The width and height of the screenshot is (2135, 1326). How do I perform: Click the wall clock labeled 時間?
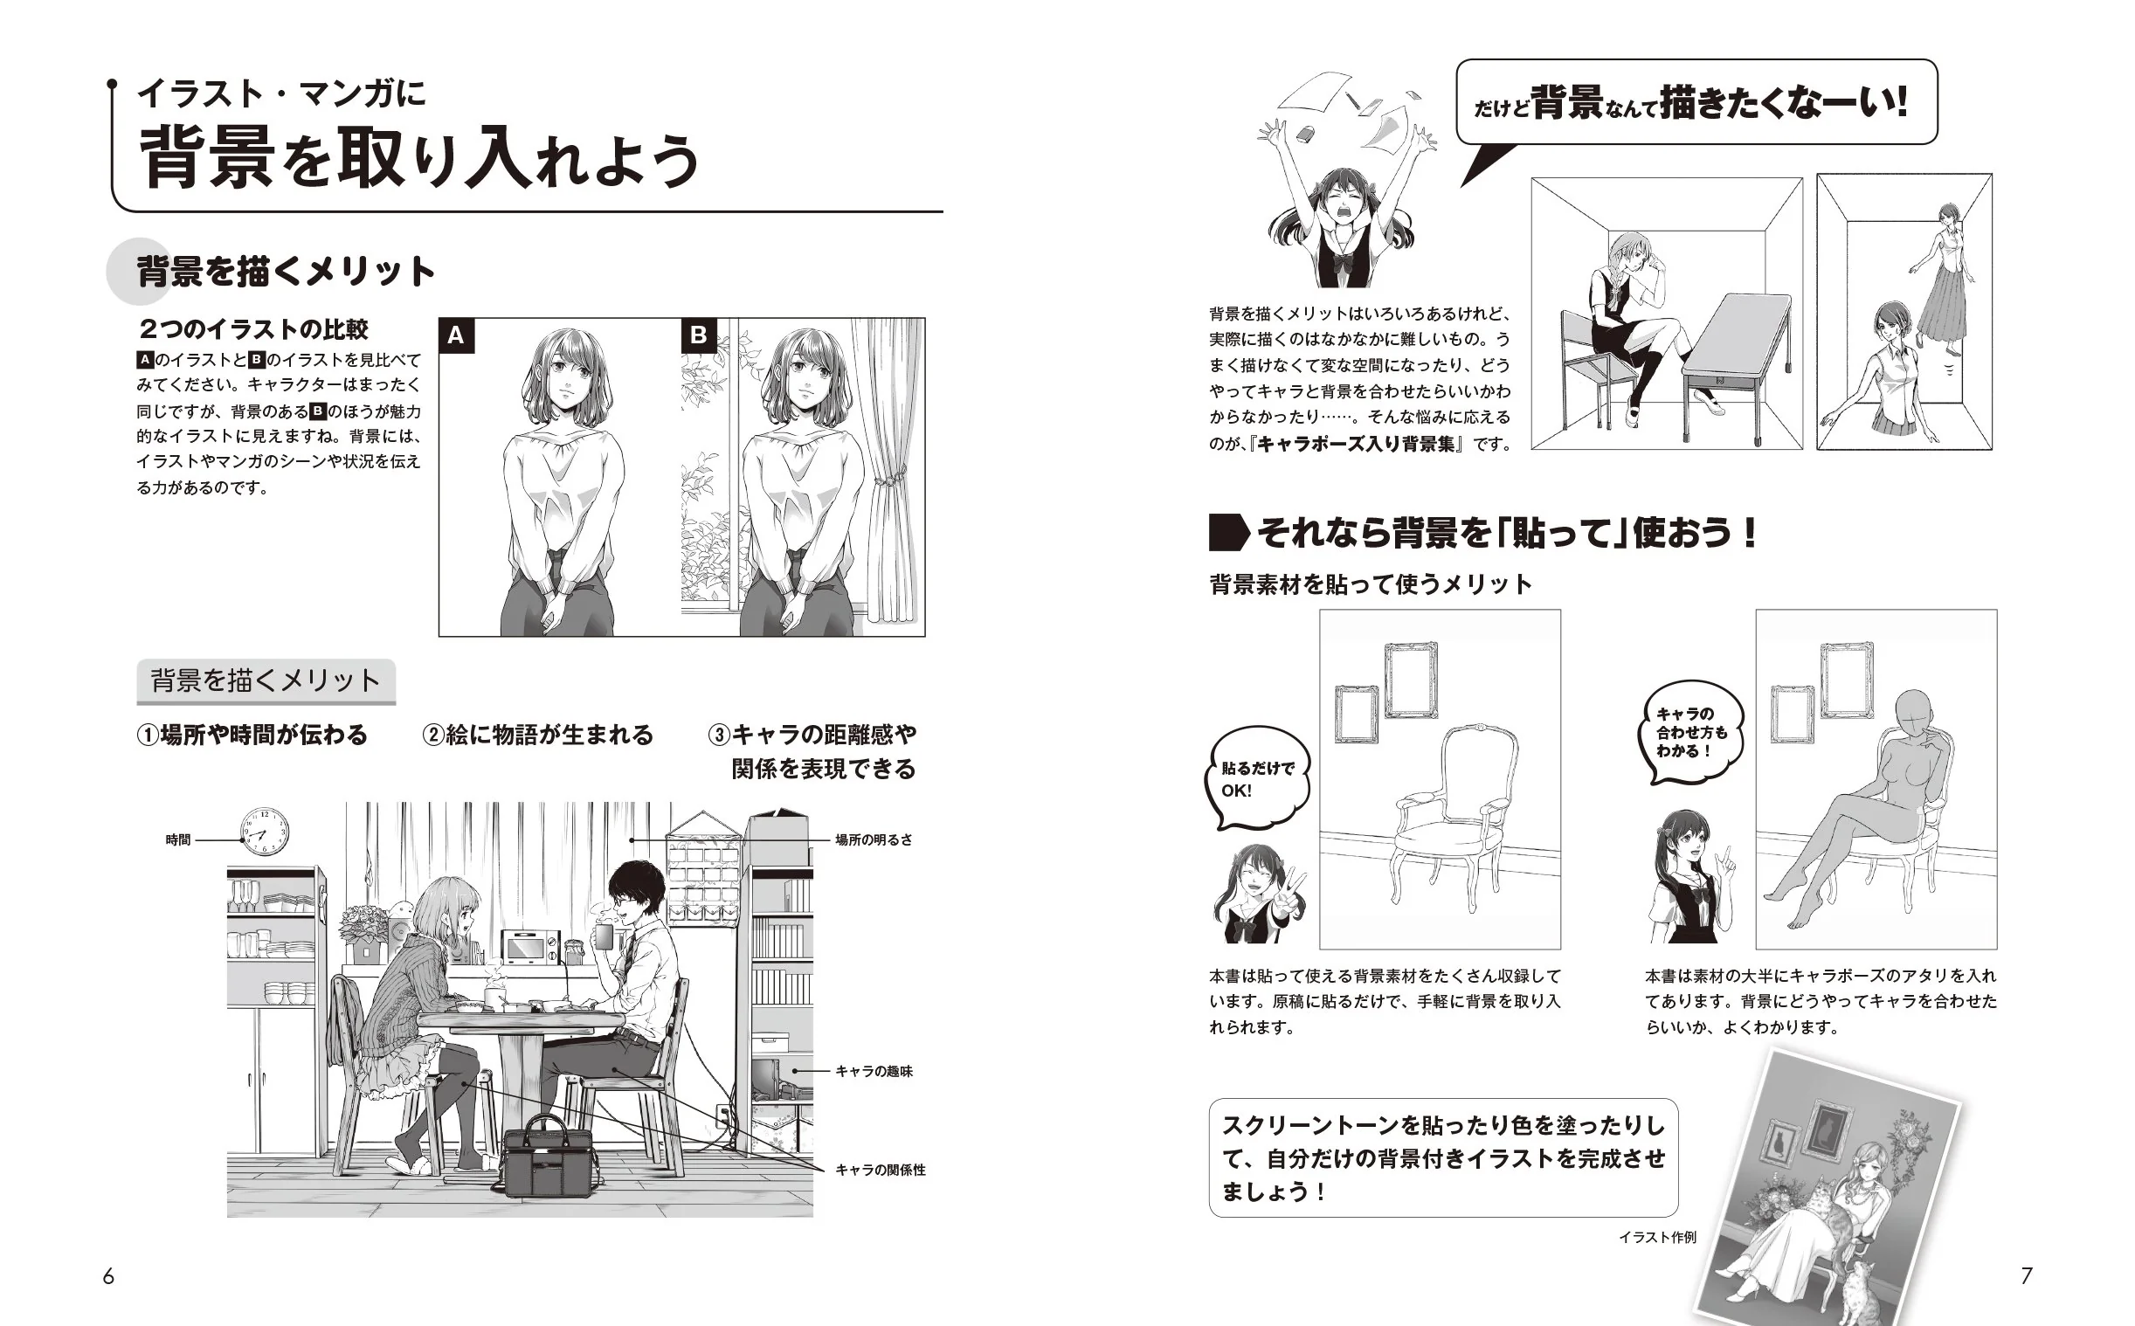264,832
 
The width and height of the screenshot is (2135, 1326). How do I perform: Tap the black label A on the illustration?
456,336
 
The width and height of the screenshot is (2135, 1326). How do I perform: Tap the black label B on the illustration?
699,336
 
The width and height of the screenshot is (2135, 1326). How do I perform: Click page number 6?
108,1276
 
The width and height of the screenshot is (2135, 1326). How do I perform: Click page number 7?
2027,1276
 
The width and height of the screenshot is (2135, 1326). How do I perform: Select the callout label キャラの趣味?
874,1071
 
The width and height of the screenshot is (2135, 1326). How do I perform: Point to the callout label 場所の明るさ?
874,839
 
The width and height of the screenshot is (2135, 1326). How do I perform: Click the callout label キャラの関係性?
881,1170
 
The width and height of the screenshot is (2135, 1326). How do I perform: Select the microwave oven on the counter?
529,945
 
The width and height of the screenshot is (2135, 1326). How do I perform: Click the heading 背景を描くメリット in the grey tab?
266,680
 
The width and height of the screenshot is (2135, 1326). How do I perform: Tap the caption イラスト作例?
1657,1238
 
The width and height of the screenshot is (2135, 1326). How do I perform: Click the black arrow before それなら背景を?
1228,532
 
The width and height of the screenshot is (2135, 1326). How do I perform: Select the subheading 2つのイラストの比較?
253,329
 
